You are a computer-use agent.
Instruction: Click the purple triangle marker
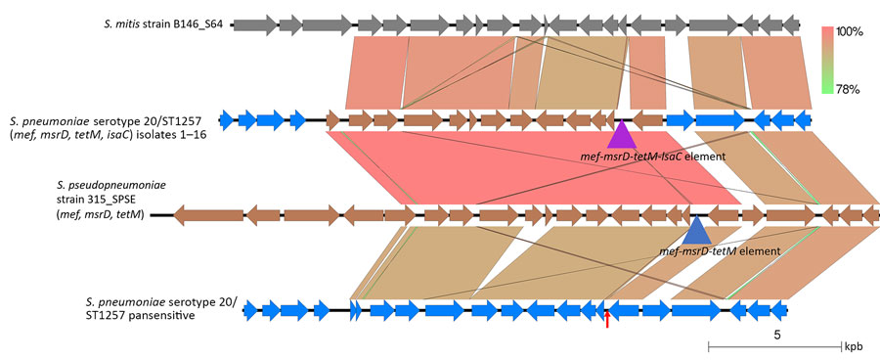pyautogui.click(x=623, y=133)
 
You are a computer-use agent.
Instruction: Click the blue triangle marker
pyautogui.click(x=696, y=230)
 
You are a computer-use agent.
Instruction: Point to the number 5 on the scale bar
pyautogui.click(x=775, y=335)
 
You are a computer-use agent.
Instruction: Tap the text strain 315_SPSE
pyautogui.click(x=98, y=200)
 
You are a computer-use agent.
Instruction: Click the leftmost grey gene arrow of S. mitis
pyautogui.click(x=250, y=22)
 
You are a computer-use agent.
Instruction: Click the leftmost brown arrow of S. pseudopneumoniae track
pyautogui.click(x=205, y=214)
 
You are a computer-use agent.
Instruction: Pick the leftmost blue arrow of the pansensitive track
pyautogui.click(x=250, y=311)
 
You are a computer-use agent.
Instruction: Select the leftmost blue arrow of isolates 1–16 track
pyautogui.click(x=227, y=120)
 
